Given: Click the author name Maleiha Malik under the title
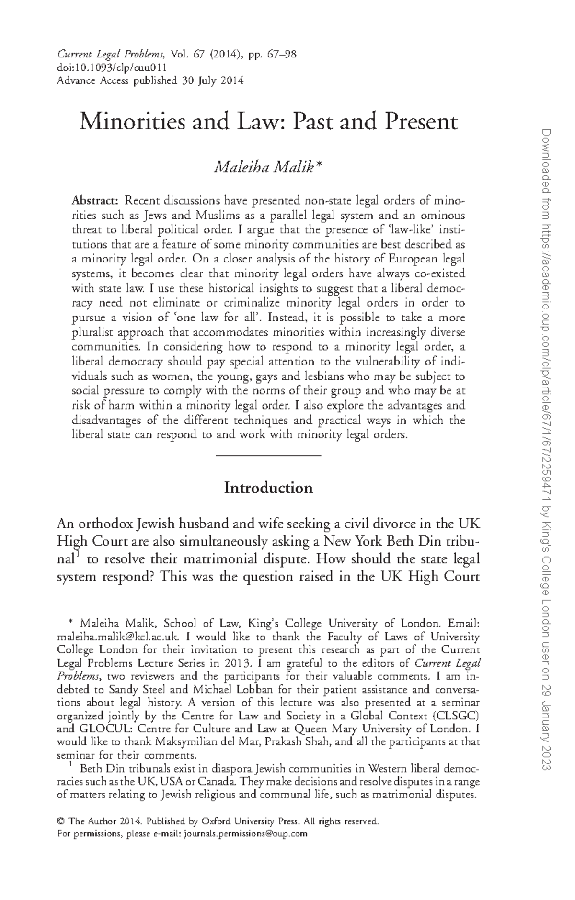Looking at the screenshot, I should tap(264, 168).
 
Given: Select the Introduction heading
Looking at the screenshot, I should tap(268, 488).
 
